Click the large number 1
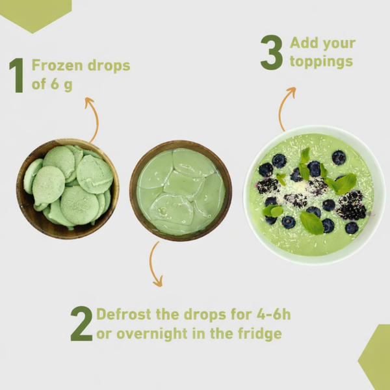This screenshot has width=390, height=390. [x=17, y=75]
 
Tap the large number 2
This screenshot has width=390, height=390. [x=82, y=323]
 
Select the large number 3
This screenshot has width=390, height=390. [x=272, y=52]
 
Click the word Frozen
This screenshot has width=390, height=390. [x=57, y=66]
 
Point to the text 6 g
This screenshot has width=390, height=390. [x=62, y=84]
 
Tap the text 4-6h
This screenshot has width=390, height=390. [x=274, y=314]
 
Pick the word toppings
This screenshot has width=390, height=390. [x=321, y=62]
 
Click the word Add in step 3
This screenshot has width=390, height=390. [x=304, y=43]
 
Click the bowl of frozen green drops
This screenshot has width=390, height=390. [x=68, y=189]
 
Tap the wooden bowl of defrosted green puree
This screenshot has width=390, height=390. [x=181, y=190]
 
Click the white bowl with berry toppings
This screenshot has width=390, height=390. [x=315, y=195]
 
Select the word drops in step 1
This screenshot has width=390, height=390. [x=109, y=66]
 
